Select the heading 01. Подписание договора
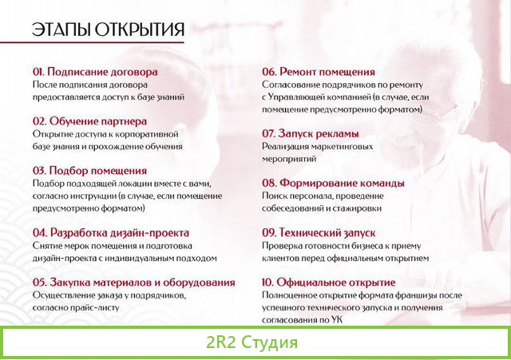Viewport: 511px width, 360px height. tap(95, 71)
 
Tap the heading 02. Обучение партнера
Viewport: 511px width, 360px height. tap(89, 121)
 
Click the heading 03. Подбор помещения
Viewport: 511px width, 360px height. tap(89, 170)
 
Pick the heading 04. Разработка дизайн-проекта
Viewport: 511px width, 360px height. tap(110, 232)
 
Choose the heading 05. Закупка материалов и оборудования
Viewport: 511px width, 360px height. tap(133, 282)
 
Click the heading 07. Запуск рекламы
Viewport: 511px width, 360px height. tap(310, 133)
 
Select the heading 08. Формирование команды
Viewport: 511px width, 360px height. tap(333, 183)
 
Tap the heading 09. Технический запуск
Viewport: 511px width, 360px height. tap(319, 232)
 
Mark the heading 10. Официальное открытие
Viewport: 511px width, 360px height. tap(328, 282)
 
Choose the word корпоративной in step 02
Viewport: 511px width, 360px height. tap(150, 133)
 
